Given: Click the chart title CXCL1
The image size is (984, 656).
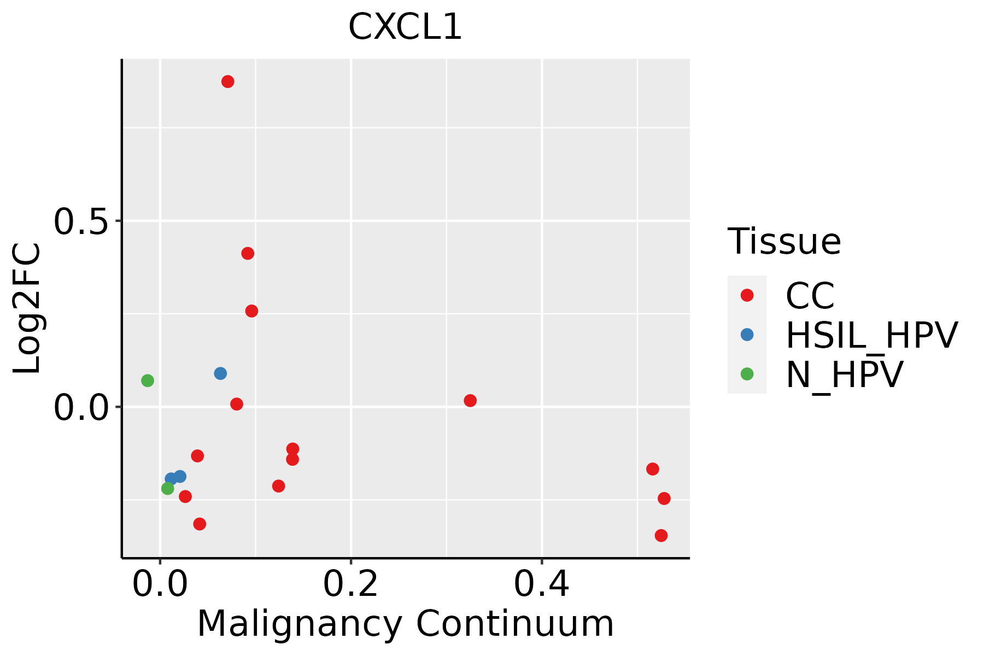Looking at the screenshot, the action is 405,27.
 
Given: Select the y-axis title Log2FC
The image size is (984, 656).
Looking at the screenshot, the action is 27,308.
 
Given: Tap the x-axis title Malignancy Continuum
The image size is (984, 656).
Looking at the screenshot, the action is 405,624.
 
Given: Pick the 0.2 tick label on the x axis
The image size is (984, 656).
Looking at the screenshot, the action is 350,584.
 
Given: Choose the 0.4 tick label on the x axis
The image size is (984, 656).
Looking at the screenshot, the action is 541,584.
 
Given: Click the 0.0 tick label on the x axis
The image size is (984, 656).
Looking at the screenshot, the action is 160,584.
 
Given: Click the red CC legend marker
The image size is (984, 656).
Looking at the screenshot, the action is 747,295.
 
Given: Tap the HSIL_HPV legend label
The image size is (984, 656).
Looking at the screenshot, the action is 871,335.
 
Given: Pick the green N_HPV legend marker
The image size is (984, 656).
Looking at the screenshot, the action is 747,374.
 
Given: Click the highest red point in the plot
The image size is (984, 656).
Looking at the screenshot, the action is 228,81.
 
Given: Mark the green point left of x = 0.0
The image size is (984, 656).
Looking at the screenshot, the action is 148,380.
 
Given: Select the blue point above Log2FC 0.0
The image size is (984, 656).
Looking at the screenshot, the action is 220,373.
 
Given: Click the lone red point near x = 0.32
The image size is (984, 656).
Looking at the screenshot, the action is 470,401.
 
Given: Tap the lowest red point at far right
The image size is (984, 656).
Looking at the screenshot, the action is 661,535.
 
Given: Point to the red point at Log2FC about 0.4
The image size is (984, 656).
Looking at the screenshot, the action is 248,253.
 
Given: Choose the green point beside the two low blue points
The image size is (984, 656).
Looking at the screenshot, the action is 168,488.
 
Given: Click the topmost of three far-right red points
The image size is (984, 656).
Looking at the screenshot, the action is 652,469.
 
